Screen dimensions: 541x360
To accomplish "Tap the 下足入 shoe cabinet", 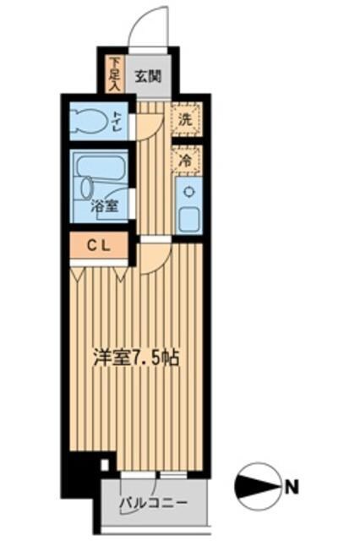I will pyautogui.click(x=116, y=74).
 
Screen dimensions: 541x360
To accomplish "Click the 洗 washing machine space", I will pyautogui.click(x=185, y=119).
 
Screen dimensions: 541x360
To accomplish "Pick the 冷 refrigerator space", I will pyautogui.click(x=185, y=158).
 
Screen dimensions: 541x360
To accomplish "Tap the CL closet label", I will pyautogui.click(x=99, y=245).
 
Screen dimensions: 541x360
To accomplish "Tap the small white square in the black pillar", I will pyautogui.click(x=104, y=463).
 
